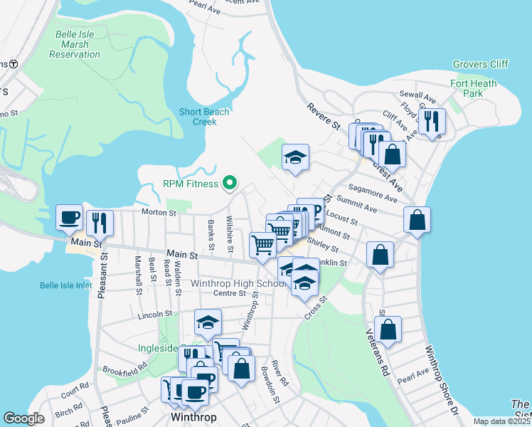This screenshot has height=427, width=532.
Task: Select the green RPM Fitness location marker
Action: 229,184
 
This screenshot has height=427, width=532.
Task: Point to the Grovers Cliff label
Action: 482,64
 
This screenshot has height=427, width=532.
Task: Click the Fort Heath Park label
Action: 474,88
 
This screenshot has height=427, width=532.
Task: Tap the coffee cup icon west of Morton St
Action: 70,218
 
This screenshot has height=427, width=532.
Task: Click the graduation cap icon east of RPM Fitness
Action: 294,158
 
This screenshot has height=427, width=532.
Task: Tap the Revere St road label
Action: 324,117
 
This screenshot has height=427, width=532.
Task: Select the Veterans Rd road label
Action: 378,353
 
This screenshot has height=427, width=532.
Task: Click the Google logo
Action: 24,418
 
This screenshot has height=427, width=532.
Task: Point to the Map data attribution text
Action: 502,421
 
